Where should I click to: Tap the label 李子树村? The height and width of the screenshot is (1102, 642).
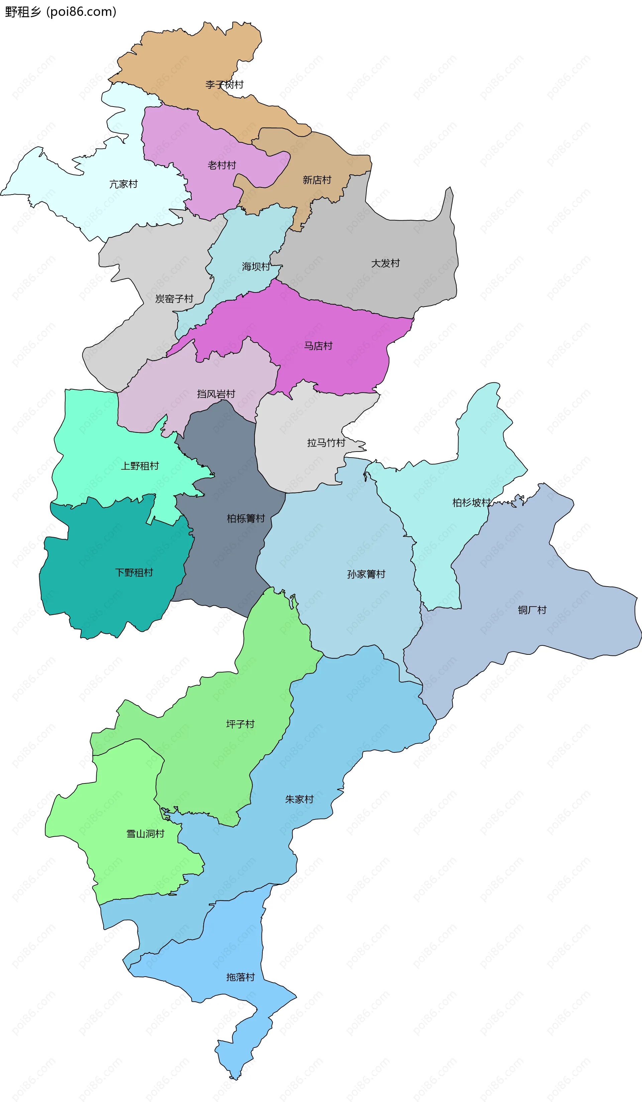[x=224, y=85]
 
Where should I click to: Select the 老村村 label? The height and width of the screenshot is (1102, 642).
[x=222, y=165]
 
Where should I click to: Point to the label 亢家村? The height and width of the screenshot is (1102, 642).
[x=123, y=184]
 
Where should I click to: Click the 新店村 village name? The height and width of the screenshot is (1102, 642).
[x=317, y=180]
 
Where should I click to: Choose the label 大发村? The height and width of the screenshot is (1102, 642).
[x=385, y=263]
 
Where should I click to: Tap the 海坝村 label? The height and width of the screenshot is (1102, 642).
[x=256, y=267]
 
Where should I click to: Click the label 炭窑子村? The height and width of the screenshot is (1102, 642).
[x=175, y=299]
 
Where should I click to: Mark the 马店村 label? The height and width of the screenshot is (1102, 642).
[x=318, y=346]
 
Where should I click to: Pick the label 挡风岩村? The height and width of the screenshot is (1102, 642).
[x=216, y=394]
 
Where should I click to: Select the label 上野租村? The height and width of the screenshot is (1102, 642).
[x=140, y=467]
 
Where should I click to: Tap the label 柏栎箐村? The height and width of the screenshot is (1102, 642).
[x=246, y=519]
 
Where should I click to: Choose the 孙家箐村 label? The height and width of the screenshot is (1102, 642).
[x=366, y=575]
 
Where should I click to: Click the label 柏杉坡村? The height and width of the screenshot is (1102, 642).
[x=471, y=503]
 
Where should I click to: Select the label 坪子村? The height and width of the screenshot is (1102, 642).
[x=240, y=725]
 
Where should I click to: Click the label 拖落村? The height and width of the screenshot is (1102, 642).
[x=240, y=977]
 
